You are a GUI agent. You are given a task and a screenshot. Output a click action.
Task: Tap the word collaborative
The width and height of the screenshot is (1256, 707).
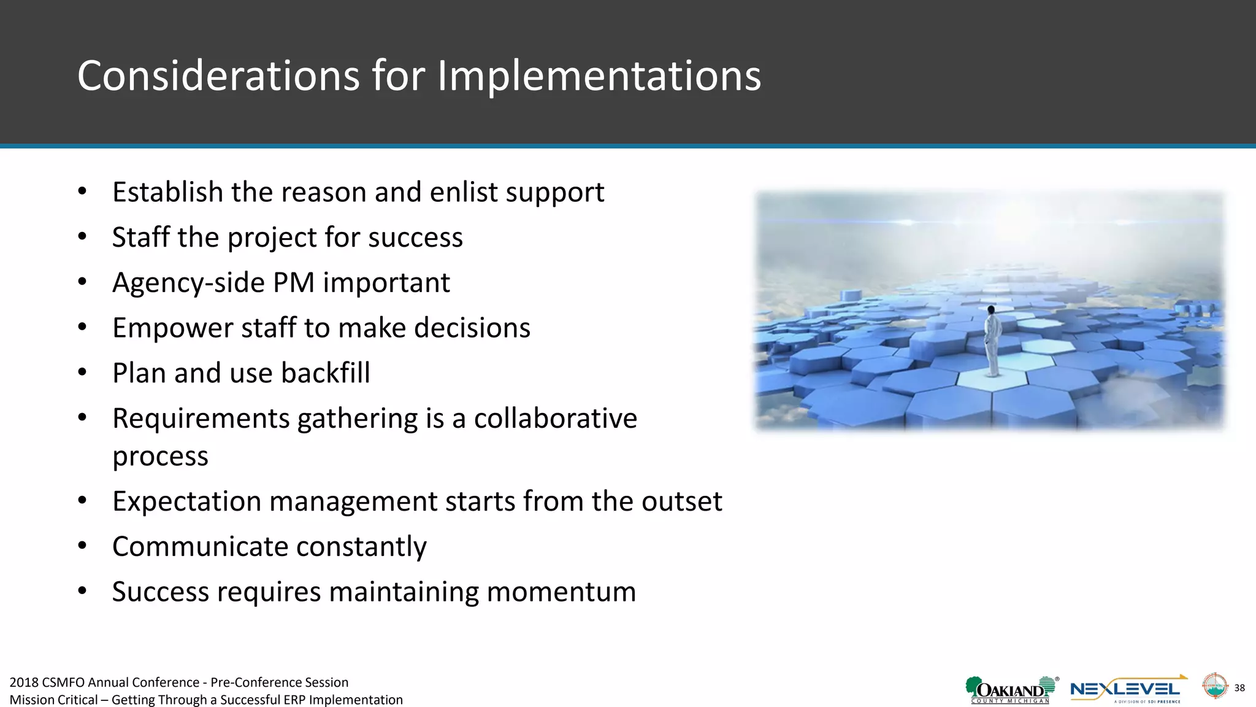pyautogui.click(x=555, y=419)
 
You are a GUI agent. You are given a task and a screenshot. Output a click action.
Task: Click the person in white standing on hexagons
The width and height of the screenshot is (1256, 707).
pyautogui.click(x=992, y=341)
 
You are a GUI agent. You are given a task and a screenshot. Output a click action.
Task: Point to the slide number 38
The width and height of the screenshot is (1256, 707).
pyautogui.click(x=1239, y=688)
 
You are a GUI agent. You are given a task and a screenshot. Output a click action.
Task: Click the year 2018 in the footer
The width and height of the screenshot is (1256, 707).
pyautogui.click(x=24, y=682)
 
